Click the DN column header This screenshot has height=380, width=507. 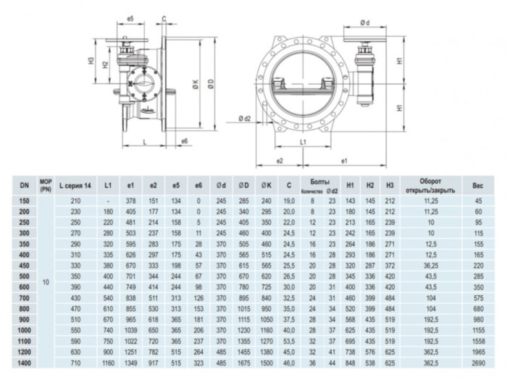tap(24, 186)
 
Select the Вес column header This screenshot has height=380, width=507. tap(478, 186)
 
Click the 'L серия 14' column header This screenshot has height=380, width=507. tap(75, 186)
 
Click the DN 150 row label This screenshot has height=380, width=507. tap(24, 200)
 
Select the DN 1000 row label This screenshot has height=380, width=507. tap(24, 329)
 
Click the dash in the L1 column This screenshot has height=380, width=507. tap(107, 200)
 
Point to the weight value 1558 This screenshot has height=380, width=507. tap(478, 340)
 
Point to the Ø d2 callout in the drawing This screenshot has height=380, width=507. tap(244, 119)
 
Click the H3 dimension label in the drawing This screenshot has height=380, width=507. tap(92, 61)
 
